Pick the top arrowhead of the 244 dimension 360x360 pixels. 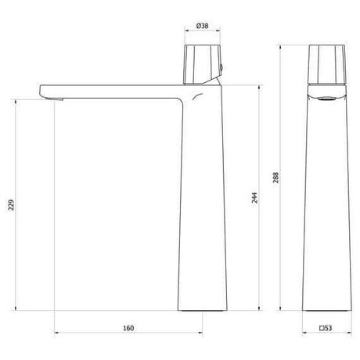tap(259, 82)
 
